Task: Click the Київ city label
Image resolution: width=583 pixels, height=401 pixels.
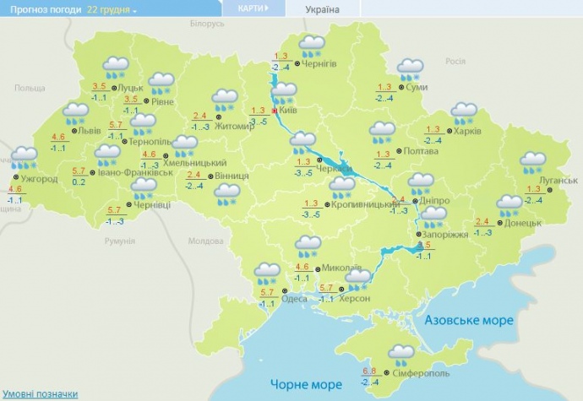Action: click(x=288, y=110)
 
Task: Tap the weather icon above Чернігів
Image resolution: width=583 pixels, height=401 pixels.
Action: click(x=313, y=45)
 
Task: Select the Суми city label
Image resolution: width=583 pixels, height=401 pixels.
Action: click(x=416, y=87)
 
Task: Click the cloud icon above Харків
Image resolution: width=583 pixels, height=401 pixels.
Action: click(x=464, y=112)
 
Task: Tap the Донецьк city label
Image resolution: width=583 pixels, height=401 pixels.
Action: click(x=521, y=223)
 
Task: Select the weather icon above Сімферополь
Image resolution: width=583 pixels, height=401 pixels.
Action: click(x=401, y=354)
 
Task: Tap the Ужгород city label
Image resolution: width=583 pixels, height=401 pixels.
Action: click(x=40, y=180)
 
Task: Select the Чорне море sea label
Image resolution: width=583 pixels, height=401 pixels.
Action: click(x=304, y=383)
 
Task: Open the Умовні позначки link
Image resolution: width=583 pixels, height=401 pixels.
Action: click(x=40, y=394)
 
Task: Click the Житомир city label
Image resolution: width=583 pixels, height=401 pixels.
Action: click(x=234, y=127)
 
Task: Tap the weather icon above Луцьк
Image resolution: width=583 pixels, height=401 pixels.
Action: click(x=115, y=67)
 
